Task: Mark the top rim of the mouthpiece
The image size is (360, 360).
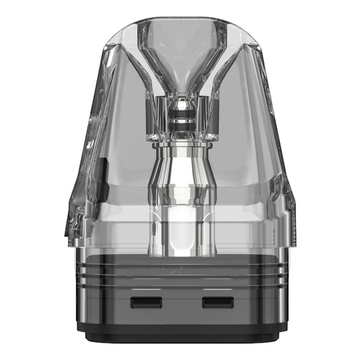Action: tap(180, 20)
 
